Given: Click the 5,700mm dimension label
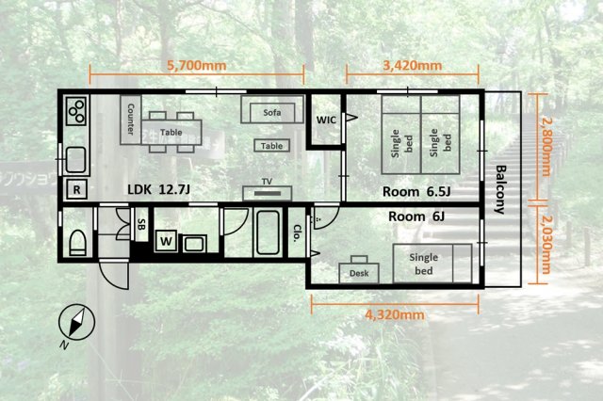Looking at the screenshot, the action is tap(197, 66).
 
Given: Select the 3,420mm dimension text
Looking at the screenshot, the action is tap(413, 66).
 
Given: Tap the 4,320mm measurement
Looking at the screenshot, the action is tap(395, 315).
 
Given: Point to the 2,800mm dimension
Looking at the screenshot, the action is tap(546, 146).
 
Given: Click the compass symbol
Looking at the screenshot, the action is tap(76, 323).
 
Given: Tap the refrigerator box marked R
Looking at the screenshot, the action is tap(76, 189).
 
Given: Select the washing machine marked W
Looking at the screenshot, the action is tap(166, 241).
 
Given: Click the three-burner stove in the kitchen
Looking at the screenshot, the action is tap(76, 111).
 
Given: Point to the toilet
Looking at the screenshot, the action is tap(77, 242).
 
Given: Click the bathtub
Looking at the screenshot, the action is tap(268, 233).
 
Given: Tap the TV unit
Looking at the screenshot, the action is tap(268, 193).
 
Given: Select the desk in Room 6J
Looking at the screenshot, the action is tap(359, 270).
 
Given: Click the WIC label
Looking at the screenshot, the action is tap(326, 120).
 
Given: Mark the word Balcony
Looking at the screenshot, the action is tap(500, 190).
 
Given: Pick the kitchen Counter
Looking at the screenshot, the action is tap(131, 120).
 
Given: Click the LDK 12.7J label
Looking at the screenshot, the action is tap(159, 189).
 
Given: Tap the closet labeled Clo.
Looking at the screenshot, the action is tap(297, 233).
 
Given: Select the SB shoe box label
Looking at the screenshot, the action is tap(141, 224).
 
